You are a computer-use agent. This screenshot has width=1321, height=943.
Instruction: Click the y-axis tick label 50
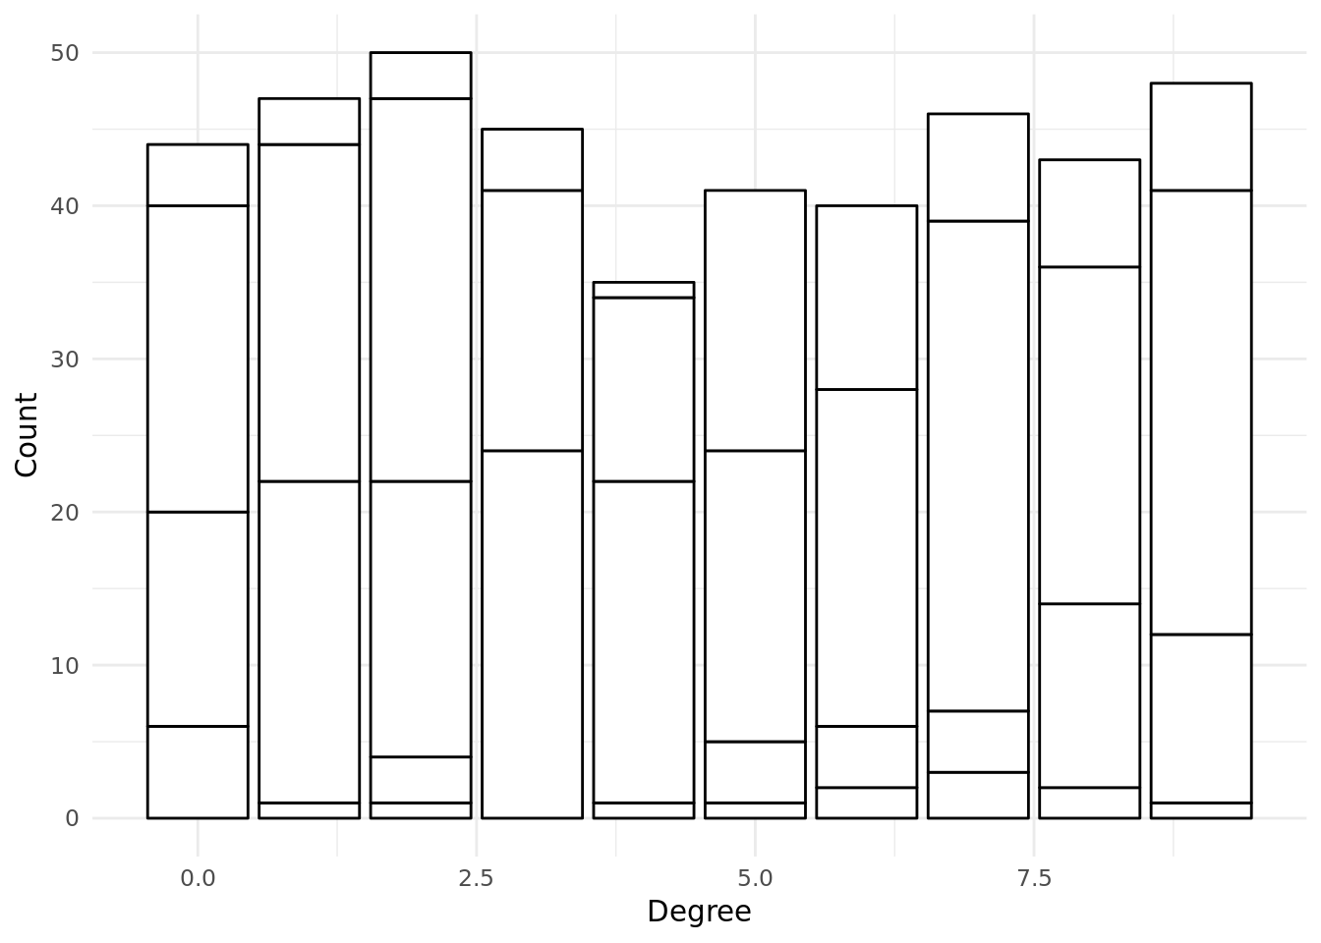[64, 53]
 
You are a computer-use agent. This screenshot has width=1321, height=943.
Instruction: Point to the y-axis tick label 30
[64, 359]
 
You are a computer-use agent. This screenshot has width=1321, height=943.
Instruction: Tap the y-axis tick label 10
[64, 665]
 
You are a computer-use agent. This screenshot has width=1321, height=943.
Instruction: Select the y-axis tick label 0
[72, 818]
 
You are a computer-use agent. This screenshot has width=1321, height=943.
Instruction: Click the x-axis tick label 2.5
[476, 879]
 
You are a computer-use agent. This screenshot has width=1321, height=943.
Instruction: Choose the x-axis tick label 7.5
[1034, 879]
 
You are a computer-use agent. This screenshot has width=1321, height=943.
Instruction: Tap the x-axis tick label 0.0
[198, 879]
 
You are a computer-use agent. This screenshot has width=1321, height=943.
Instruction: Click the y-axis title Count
[27, 435]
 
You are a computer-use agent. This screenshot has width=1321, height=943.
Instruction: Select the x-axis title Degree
[699, 912]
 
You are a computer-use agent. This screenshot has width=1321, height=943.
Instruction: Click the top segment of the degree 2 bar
[421, 76]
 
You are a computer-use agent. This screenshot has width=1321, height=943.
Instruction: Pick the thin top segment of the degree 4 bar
[644, 290]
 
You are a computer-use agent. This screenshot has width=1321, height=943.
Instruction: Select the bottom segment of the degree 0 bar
[198, 772]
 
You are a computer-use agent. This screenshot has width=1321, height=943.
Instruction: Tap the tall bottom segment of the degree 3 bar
[532, 635]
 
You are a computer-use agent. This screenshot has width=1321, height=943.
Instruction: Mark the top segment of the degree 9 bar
[1201, 137]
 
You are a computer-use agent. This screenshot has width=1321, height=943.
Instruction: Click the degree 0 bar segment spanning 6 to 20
[198, 619]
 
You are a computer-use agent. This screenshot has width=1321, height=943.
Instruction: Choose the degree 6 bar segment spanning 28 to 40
[866, 298]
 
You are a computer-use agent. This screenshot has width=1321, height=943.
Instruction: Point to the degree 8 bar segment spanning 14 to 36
[1089, 435]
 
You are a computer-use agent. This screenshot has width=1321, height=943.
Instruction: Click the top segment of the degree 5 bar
[755, 320]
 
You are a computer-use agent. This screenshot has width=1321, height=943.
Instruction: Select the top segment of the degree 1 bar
[309, 122]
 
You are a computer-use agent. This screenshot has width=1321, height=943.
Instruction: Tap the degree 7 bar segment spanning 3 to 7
[978, 742]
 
